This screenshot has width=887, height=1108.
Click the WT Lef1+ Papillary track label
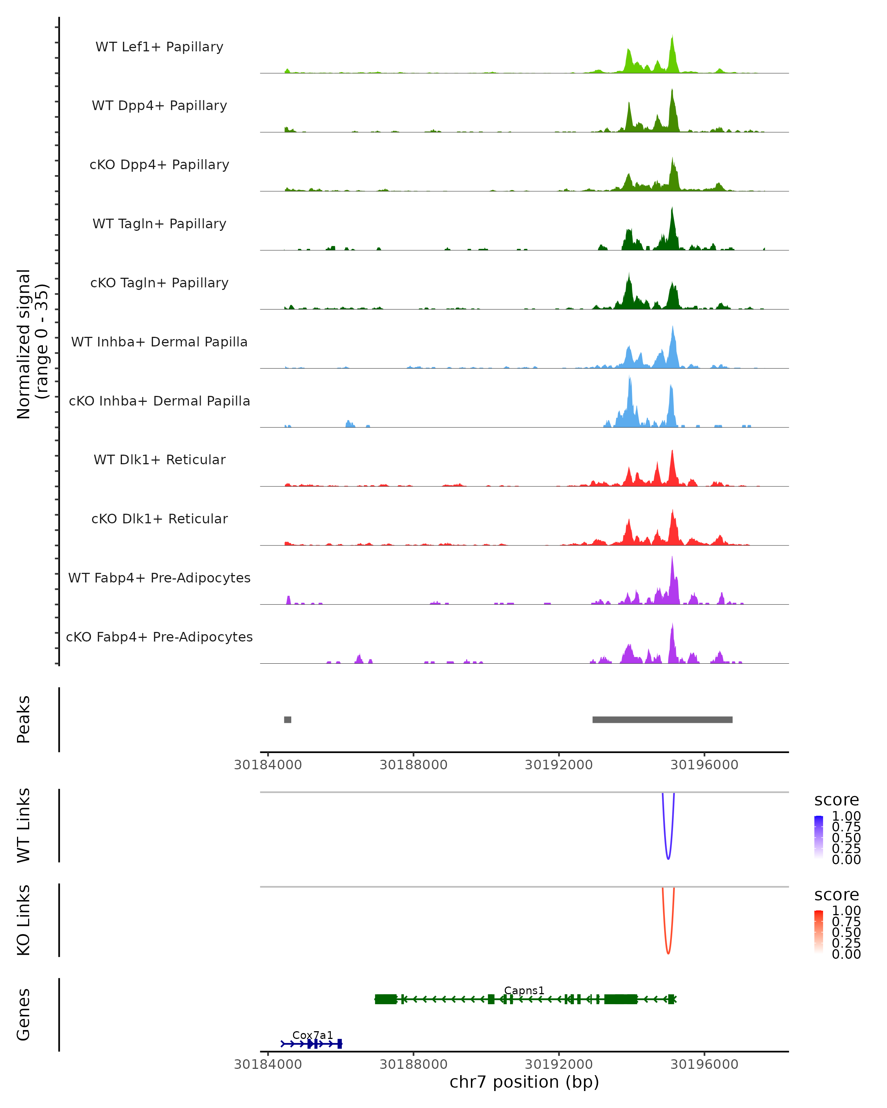click(x=159, y=47)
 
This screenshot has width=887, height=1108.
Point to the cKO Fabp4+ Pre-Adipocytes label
click(x=159, y=637)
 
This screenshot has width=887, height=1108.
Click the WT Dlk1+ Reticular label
click(x=159, y=459)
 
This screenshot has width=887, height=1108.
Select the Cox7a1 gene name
click(x=313, y=1035)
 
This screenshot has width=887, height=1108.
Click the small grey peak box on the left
click(x=288, y=719)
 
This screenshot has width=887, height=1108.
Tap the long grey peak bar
click(x=662, y=719)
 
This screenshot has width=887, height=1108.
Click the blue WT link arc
click(x=668, y=857)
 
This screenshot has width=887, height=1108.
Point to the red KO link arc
click(x=668, y=952)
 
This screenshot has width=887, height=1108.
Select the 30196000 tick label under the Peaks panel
click(x=704, y=765)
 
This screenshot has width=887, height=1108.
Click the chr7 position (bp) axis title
click(x=524, y=1082)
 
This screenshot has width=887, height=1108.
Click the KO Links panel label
click(x=24, y=920)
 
